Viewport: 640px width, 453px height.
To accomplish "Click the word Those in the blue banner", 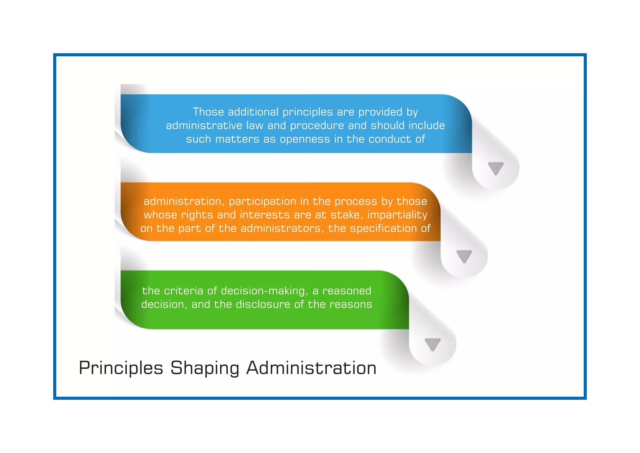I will tap(208, 112).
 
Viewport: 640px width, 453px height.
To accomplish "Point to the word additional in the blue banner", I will tap(253, 112).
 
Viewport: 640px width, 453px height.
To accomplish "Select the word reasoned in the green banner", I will tap(347, 291).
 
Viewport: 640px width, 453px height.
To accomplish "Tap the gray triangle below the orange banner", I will tap(464, 256).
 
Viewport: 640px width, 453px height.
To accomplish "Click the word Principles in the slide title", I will tap(121, 368).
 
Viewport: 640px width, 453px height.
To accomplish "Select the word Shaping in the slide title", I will tap(205, 368).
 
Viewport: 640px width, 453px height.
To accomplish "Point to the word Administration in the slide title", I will tap(311, 368).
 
